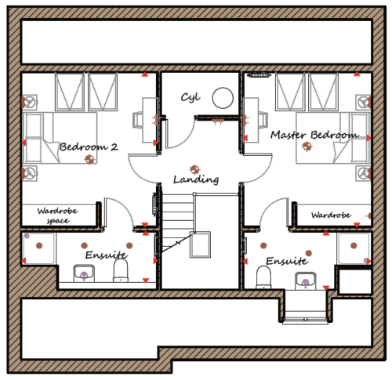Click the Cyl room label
191,98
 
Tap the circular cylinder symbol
223,98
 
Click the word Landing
196,179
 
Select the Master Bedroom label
314,135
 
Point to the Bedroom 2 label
89,147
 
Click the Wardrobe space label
57,215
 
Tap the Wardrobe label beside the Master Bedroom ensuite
331,215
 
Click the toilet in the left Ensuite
121,271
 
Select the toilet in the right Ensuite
263,277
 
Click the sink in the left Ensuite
84,273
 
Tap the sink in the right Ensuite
306,280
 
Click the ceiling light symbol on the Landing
194,169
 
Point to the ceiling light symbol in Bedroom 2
89,159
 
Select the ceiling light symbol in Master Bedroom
307,147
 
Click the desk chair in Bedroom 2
138,120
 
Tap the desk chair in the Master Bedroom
263,119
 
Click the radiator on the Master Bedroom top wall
258,75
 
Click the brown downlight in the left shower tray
39,245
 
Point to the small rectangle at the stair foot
200,244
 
